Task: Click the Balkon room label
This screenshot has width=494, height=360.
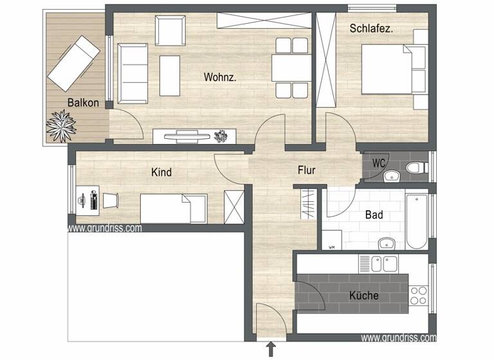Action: point(84,103)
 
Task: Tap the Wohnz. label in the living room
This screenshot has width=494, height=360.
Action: point(220,77)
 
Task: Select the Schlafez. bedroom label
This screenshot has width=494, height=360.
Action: point(371,28)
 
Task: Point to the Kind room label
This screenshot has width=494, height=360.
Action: point(161,172)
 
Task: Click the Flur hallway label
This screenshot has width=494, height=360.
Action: point(307,171)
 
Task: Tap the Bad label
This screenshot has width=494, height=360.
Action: point(374,215)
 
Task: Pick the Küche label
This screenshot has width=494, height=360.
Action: point(363,296)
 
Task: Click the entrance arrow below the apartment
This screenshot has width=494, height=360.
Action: point(271,349)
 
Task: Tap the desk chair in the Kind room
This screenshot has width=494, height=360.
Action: point(111,200)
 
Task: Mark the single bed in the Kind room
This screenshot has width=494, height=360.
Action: point(174,208)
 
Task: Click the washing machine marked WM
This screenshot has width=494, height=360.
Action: point(332,240)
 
